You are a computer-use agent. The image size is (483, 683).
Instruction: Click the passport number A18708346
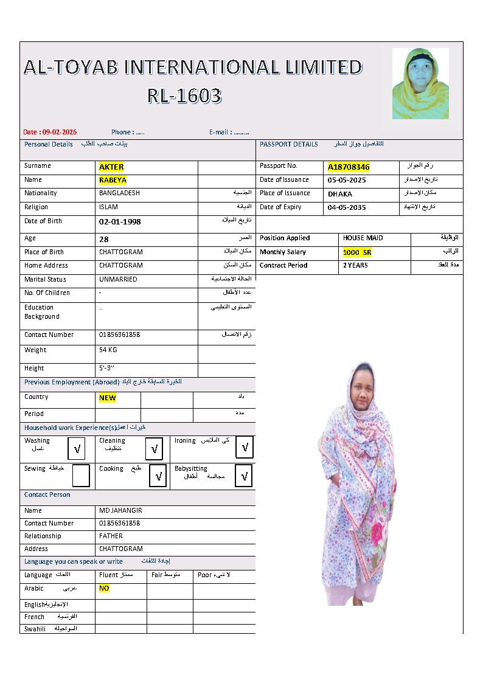[x=349, y=167]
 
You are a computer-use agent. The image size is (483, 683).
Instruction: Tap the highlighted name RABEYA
[x=113, y=180]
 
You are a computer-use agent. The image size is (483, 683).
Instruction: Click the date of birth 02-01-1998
[x=120, y=222]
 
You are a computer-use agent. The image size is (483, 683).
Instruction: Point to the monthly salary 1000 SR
[x=357, y=252]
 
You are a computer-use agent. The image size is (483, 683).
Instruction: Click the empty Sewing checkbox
[x=80, y=476]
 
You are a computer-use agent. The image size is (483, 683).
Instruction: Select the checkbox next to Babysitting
[x=243, y=476]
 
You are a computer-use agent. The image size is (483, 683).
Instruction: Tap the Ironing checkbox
[x=245, y=448]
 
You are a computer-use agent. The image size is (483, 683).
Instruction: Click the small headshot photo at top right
[x=420, y=83]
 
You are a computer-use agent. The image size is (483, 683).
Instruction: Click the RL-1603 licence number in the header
[x=184, y=96]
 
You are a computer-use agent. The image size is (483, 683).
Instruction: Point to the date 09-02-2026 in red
[x=59, y=133]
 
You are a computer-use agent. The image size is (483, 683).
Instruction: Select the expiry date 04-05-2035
[x=347, y=207]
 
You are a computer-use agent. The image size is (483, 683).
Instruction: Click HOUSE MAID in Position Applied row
[x=363, y=238]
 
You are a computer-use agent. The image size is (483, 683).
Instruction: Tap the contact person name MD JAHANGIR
[x=120, y=511]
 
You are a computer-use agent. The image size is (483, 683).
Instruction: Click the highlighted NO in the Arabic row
[x=104, y=589]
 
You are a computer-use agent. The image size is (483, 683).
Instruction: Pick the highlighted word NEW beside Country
[x=108, y=398]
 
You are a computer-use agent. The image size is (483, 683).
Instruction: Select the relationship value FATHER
[x=111, y=536]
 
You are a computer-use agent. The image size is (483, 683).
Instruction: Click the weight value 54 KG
[x=108, y=350]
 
